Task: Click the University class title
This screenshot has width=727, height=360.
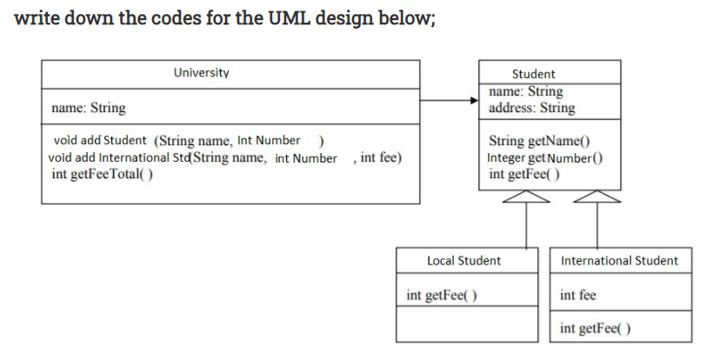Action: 202,73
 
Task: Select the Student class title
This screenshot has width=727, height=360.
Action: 533,74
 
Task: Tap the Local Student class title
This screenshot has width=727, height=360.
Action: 464,260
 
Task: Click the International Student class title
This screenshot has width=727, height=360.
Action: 620,260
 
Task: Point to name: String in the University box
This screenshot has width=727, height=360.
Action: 89,109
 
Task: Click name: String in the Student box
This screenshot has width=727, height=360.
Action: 526,91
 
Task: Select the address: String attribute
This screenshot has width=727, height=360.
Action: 532,108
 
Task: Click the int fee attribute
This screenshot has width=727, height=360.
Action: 578,296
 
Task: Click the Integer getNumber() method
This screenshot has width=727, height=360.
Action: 546,157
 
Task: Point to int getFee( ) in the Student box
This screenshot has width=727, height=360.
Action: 524,174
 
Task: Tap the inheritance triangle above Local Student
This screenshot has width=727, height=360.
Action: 528,201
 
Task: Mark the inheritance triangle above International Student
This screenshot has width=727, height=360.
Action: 597,201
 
